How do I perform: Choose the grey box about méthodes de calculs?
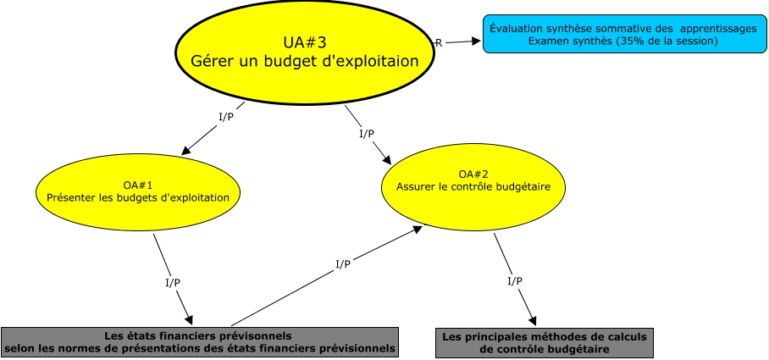pyautogui.click(x=545, y=342)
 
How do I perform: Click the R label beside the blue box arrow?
pyautogui.click(x=438, y=42)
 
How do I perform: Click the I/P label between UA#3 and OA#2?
pyautogui.click(x=367, y=133)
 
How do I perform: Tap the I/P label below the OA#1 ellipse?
pyautogui.click(x=172, y=281)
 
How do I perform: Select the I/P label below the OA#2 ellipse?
pyautogui.click(x=514, y=280)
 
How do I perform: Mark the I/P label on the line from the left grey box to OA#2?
pyautogui.click(x=343, y=264)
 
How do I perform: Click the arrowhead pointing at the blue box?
pyautogui.click(x=477, y=40)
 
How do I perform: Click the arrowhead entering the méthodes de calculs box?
pyautogui.click(x=533, y=321)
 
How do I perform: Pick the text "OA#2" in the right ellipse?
pyautogui.click(x=472, y=174)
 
